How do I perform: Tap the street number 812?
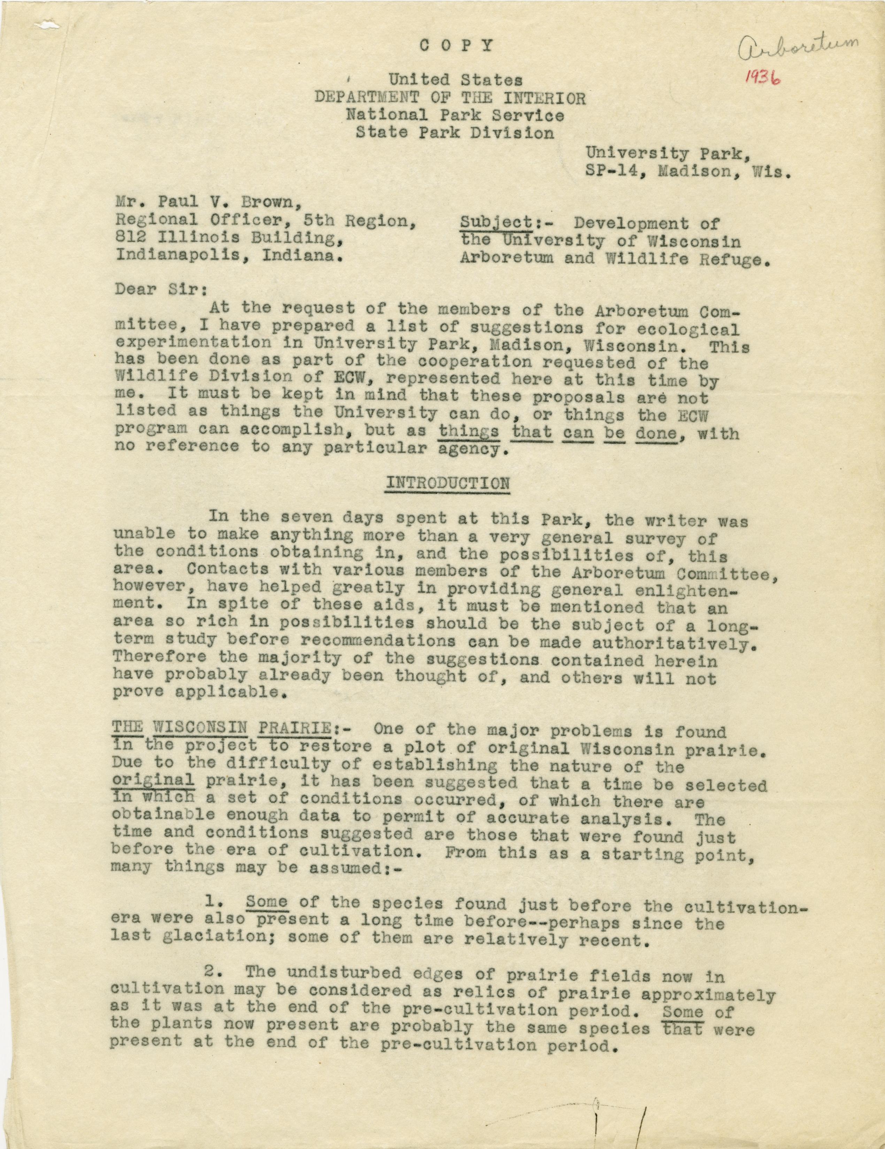[x=129, y=239]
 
